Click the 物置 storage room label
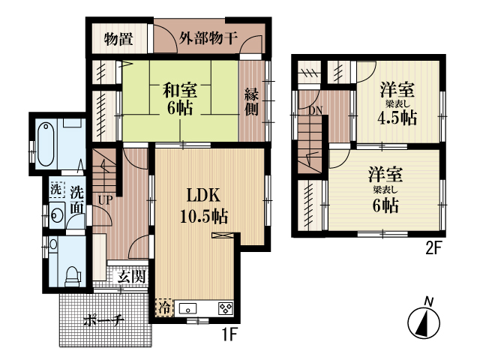pos(118,40)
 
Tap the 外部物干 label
pos(208,38)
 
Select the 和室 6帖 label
pos(180,98)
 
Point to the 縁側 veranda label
pos(252,102)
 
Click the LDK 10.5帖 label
pos(203,205)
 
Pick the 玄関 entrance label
pos(131,277)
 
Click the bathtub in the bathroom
pos(46,144)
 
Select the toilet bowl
pos(73,276)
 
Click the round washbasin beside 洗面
pos(57,214)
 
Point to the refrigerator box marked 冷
pos(164,307)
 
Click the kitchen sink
pos(188,308)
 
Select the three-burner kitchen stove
pos(226,308)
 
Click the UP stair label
pos(105,200)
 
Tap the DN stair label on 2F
pos(315,110)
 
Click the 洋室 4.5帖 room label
pos(397,103)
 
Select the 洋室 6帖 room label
pos(385,190)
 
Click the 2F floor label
pos(433,248)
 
